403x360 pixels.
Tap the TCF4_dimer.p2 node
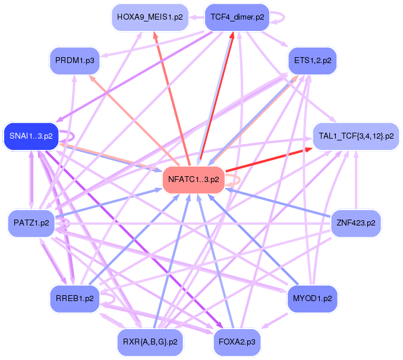[237, 17]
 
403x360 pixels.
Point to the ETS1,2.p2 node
[312, 60]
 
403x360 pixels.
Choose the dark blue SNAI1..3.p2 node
[28, 136]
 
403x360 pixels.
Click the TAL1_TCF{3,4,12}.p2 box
[355, 136]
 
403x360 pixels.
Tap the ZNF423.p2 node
[355, 223]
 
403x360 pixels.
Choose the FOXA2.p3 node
[237, 342]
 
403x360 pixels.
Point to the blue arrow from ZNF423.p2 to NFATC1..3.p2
[279, 202]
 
